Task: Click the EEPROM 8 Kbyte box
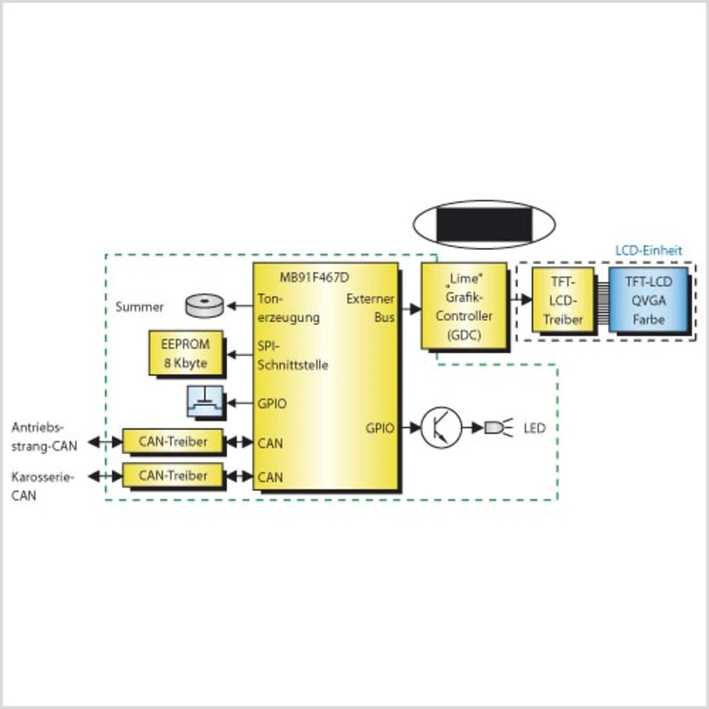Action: (186, 353)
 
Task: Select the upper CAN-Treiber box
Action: (173, 441)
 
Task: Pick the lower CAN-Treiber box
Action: (173, 475)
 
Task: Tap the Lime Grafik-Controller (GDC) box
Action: (464, 306)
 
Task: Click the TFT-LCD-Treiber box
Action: (563, 300)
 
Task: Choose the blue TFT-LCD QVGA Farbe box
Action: (649, 300)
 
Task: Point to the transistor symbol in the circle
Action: (441, 428)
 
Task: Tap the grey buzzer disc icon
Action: (204, 305)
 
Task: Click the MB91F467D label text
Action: (314, 278)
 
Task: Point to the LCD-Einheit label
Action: (649, 250)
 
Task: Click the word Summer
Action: (140, 307)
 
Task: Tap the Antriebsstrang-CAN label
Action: (44, 436)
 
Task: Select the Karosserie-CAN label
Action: (42, 486)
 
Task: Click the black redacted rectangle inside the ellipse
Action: (484, 224)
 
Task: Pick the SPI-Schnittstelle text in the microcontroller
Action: (292, 356)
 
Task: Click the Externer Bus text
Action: (371, 307)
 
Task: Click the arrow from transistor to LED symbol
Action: (473, 428)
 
